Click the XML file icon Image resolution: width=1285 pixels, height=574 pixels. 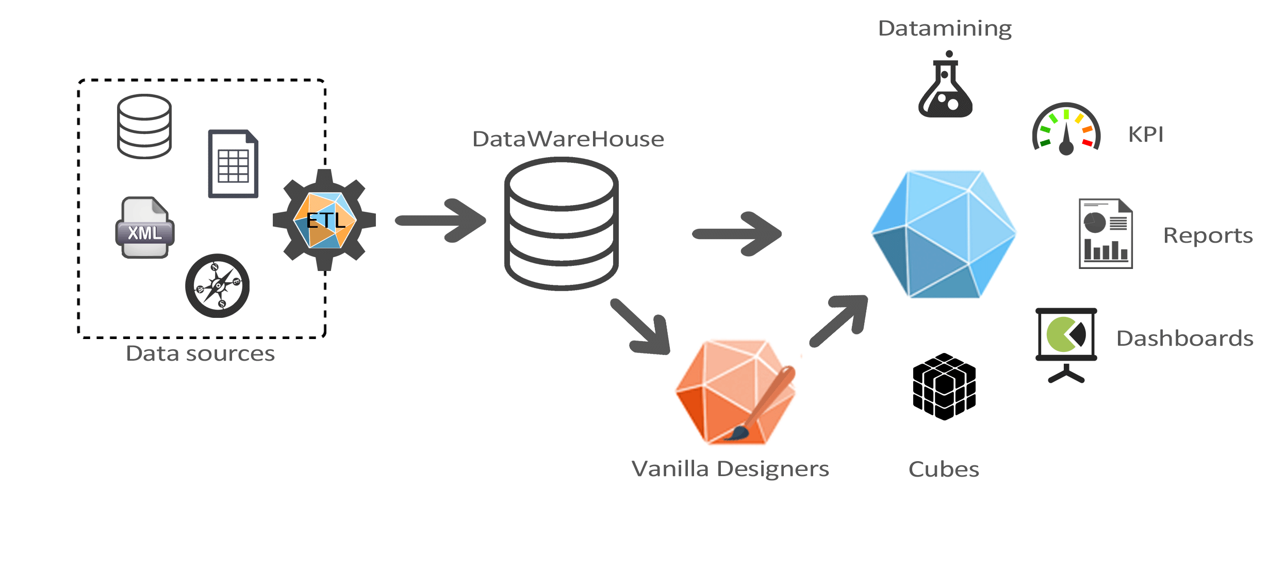145,227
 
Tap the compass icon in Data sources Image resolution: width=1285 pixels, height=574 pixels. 218,285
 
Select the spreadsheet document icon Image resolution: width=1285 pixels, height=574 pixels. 233,164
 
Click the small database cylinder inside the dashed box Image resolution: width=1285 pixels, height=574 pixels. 144,126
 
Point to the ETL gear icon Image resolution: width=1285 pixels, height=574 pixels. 324,220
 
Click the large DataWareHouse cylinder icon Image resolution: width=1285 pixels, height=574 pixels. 562,224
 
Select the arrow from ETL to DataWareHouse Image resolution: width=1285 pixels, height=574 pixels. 440,221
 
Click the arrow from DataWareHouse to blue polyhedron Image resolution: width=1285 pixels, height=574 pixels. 737,234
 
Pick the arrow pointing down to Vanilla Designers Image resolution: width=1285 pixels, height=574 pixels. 640,327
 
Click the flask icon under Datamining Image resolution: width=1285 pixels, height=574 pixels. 946,84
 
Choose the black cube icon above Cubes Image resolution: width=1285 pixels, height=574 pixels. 944,386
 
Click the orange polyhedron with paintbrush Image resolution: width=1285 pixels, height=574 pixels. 736,392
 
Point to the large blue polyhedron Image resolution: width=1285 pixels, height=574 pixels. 944,234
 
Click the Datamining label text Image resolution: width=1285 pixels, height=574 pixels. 945,29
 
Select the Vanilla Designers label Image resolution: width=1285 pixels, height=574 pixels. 730,469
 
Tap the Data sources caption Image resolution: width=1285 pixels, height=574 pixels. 201,353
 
